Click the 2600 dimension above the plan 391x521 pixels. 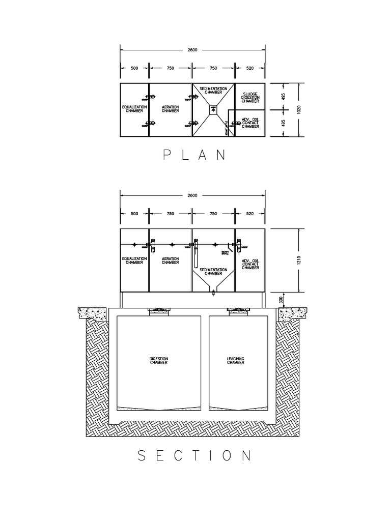tap(192, 50)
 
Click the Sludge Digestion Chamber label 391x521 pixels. tap(250, 98)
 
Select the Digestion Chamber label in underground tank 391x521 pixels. tap(159, 360)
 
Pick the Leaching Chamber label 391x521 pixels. tap(236, 360)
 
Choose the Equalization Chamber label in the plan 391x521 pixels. tap(134, 109)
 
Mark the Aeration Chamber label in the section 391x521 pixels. tap(170, 260)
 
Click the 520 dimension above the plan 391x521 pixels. tap(249, 68)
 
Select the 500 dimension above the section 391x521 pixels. tap(134, 214)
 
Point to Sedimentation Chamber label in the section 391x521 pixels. tap(213, 271)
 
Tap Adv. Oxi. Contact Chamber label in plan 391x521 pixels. tap(250, 123)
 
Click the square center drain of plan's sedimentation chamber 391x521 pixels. tap(213, 108)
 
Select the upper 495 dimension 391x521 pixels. tap(283, 96)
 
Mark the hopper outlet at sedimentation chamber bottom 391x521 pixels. tap(213, 292)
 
